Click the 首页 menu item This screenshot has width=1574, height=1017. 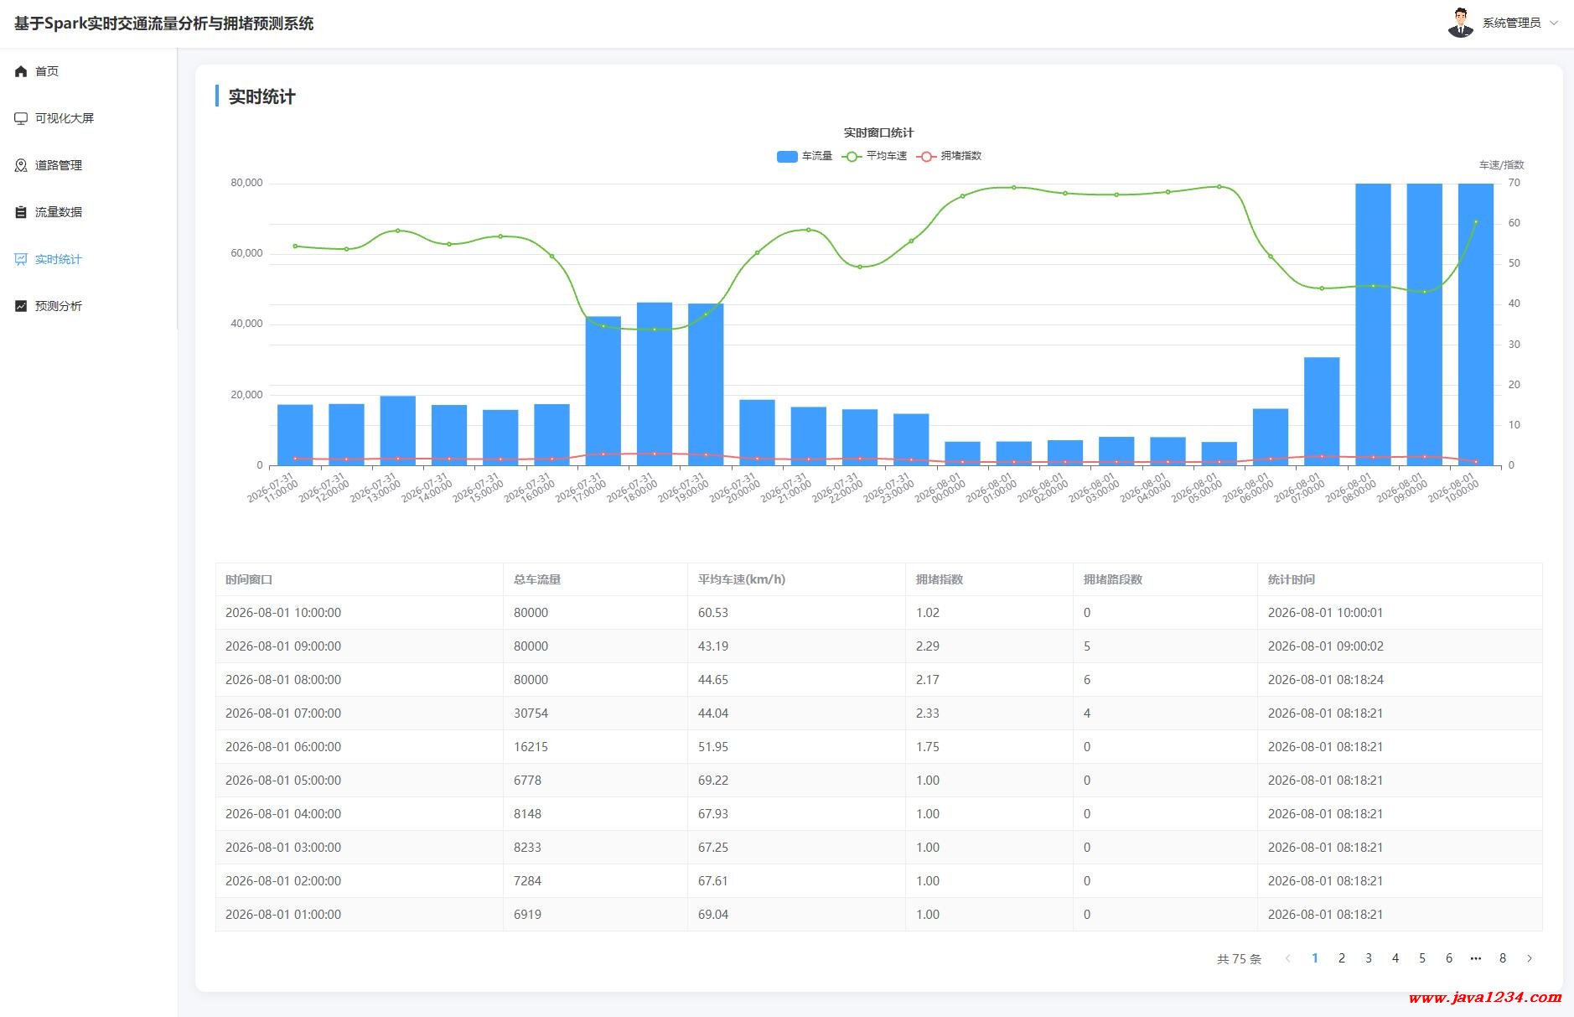pos(37,71)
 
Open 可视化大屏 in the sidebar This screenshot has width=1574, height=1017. pos(54,118)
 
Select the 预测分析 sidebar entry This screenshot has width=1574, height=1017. pos(49,306)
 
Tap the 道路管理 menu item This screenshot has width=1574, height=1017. pos(49,165)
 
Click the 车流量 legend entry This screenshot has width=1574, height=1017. pos(804,156)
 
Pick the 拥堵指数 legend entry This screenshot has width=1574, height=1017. pos(950,156)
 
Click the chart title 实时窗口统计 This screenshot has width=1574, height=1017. pos(878,132)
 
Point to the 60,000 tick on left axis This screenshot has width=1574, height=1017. pos(246,253)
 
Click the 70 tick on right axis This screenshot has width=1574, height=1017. pos(1514,183)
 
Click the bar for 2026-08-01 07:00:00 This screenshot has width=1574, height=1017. pos(1322,412)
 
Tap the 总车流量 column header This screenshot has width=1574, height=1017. pos(537,579)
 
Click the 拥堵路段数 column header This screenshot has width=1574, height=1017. pos(1113,579)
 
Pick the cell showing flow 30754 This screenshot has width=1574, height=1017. pos(531,713)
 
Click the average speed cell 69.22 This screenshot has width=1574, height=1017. pos(713,781)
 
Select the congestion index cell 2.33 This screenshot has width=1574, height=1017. pos(928,713)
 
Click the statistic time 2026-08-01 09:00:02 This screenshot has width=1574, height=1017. pos(1326,646)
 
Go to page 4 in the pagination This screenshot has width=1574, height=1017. pos(1395,958)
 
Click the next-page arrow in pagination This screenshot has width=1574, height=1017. pos(1530,958)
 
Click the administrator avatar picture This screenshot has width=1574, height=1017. pos(1461,23)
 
